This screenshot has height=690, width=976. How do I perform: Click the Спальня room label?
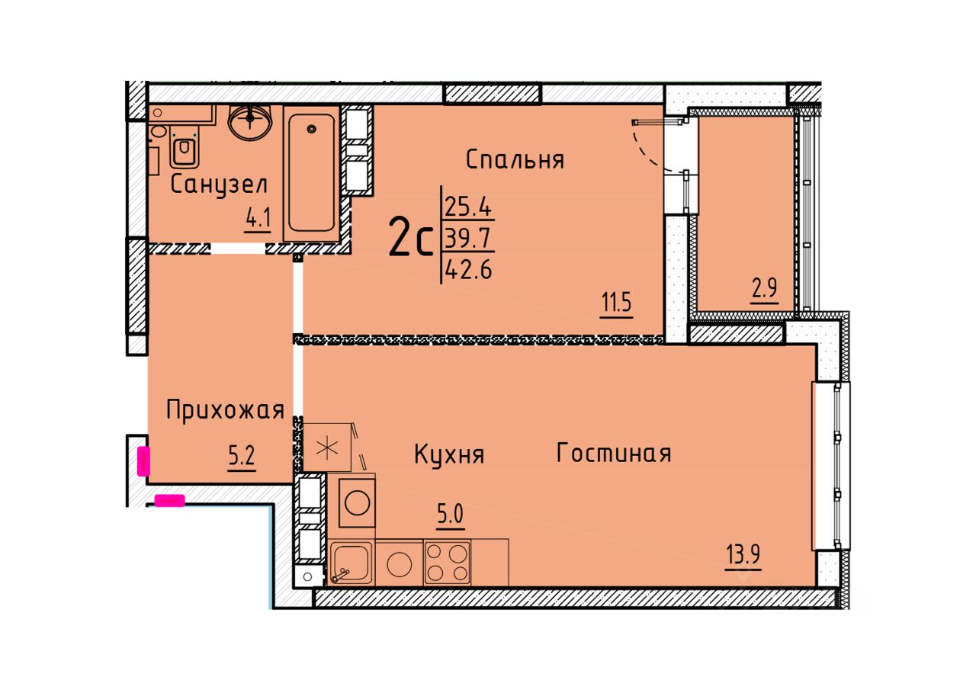click(x=515, y=160)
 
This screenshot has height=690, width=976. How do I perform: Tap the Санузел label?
click(x=219, y=185)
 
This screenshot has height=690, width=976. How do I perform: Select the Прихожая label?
click(x=225, y=411)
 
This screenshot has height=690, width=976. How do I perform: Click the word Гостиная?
click(x=614, y=453)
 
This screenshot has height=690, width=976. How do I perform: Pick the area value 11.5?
click(x=617, y=303)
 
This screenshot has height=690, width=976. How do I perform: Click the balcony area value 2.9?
click(x=765, y=287)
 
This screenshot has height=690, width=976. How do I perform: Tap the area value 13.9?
click(x=743, y=555)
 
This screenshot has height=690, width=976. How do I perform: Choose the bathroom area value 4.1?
click(x=258, y=217)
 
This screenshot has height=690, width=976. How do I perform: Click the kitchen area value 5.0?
click(x=451, y=515)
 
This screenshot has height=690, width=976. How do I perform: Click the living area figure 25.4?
click(x=468, y=207)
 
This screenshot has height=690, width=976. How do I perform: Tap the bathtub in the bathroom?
click(x=312, y=173)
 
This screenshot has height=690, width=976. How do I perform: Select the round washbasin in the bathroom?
click(x=250, y=123)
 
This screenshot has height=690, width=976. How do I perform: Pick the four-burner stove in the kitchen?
click(x=447, y=563)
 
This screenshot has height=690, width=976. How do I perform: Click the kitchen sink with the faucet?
click(x=352, y=563)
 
